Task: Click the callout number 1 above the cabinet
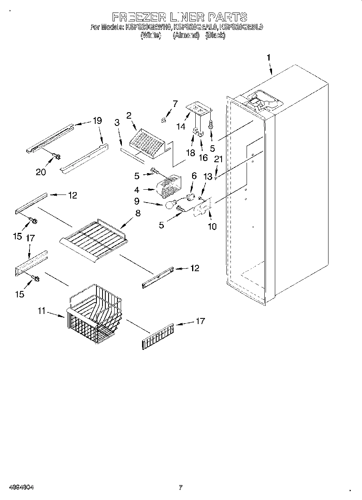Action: point(268,58)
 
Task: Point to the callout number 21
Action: point(218,159)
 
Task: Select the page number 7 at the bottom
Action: point(180,487)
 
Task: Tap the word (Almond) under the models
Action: point(186,35)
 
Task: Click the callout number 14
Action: point(180,126)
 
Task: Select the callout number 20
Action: point(40,172)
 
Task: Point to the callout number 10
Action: point(212,226)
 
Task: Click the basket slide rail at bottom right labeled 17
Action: point(157,336)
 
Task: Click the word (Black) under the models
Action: point(215,35)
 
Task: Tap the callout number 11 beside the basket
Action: point(42,311)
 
